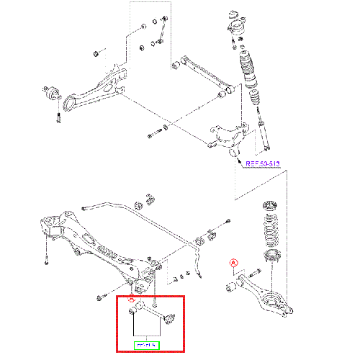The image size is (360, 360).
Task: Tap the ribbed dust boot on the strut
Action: point(248,69)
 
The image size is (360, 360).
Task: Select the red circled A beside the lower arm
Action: point(233,263)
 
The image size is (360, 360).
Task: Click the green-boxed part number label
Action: point(146,344)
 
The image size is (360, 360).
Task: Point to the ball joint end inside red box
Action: point(171,317)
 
